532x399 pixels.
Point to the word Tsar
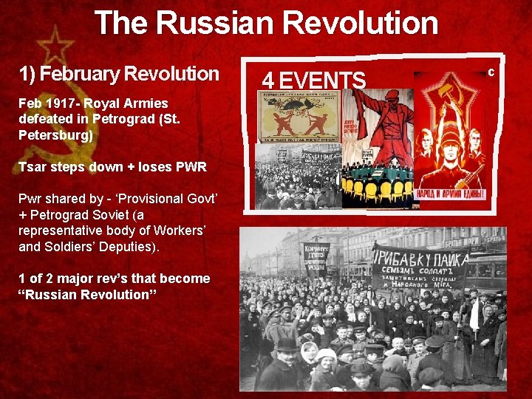[x=33, y=166]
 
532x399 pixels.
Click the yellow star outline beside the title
[x=55, y=47]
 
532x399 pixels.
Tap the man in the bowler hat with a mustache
[x=286, y=352]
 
